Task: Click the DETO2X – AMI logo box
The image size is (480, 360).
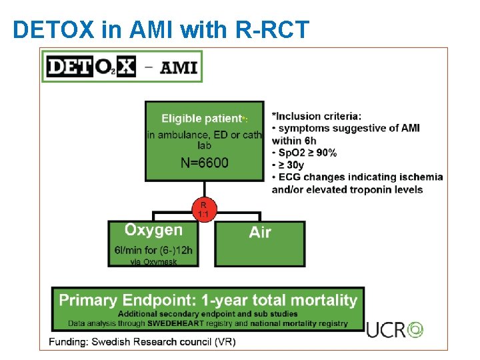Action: coord(122,67)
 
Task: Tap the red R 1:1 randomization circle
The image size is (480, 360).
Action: coord(203,210)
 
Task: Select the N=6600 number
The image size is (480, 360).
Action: coord(204,163)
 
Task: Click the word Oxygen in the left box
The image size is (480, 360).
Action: coord(153,230)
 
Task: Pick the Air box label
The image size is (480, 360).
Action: coord(260,233)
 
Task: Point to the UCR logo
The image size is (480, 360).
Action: coord(395,329)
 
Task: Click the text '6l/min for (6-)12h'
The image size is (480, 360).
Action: coord(153,251)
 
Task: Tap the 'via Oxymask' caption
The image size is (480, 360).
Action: coord(153,262)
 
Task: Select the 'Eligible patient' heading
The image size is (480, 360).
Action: coord(201,119)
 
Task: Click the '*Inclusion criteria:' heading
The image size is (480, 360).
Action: coord(317,116)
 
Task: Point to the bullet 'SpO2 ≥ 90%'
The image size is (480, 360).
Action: coord(307,153)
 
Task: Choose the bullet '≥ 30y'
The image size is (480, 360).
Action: coord(293,165)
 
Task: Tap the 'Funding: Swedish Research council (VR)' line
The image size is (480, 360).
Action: coord(142,342)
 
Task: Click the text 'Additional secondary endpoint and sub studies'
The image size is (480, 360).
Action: coord(208,313)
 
